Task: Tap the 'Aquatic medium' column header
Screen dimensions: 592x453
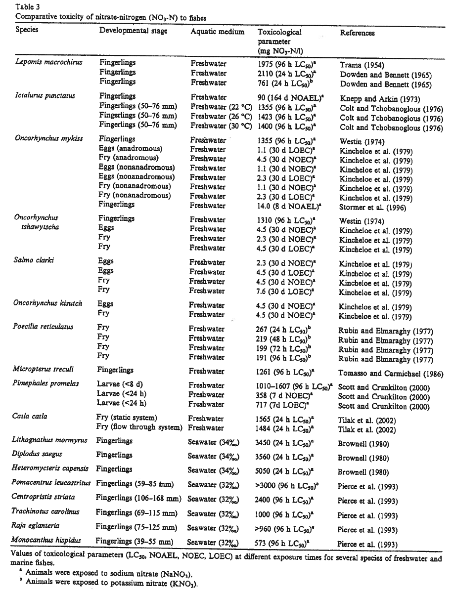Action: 217,31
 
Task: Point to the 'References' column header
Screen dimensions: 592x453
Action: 358,33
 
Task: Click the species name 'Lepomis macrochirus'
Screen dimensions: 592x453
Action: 48,63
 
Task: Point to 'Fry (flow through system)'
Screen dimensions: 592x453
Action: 137,427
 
